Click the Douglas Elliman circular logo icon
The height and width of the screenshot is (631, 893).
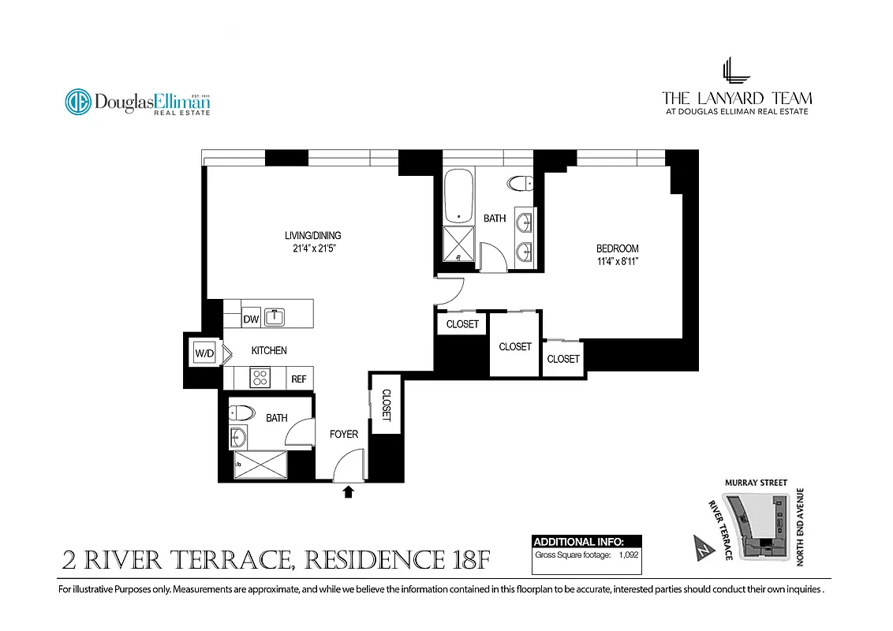77,102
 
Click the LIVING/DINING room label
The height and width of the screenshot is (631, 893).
312,235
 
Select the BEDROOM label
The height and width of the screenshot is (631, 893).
617,248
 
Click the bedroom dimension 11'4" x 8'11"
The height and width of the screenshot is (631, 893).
617,261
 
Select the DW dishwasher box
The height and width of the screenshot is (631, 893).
251,319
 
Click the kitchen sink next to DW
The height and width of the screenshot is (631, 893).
275,317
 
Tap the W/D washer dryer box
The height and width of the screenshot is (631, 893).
204,353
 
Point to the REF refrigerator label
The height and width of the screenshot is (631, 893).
299,379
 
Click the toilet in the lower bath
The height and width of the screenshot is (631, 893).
240,412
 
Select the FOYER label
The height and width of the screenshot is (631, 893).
344,434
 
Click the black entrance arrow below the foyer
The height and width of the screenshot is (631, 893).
348,493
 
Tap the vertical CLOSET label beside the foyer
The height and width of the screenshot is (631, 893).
387,405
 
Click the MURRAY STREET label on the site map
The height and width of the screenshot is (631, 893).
756,483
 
